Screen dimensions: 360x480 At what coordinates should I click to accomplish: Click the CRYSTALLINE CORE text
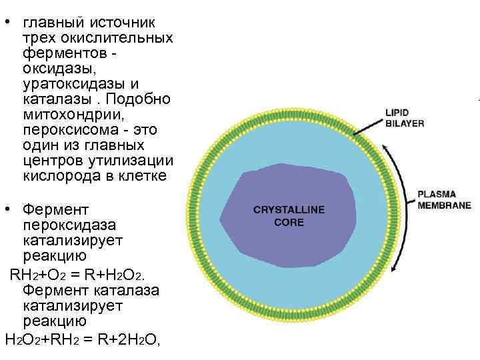[x=289, y=215]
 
